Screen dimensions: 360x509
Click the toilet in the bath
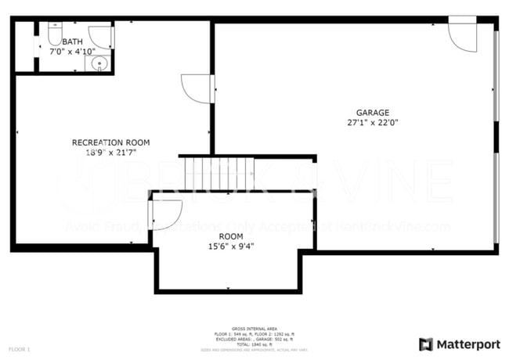(x=55, y=33)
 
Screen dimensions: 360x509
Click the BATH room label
(x=72, y=42)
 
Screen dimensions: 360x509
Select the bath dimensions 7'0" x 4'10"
(x=72, y=52)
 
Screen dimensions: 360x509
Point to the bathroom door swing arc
(x=101, y=38)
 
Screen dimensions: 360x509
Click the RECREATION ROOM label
(x=110, y=142)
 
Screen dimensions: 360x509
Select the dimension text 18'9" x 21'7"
(x=110, y=153)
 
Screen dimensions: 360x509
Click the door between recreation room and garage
(x=196, y=88)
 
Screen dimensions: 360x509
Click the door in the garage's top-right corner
(x=462, y=37)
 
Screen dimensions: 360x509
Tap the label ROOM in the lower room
(x=230, y=236)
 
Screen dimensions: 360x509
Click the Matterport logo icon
(x=426, y=344)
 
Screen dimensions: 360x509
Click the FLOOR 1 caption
(x=20, y=348)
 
